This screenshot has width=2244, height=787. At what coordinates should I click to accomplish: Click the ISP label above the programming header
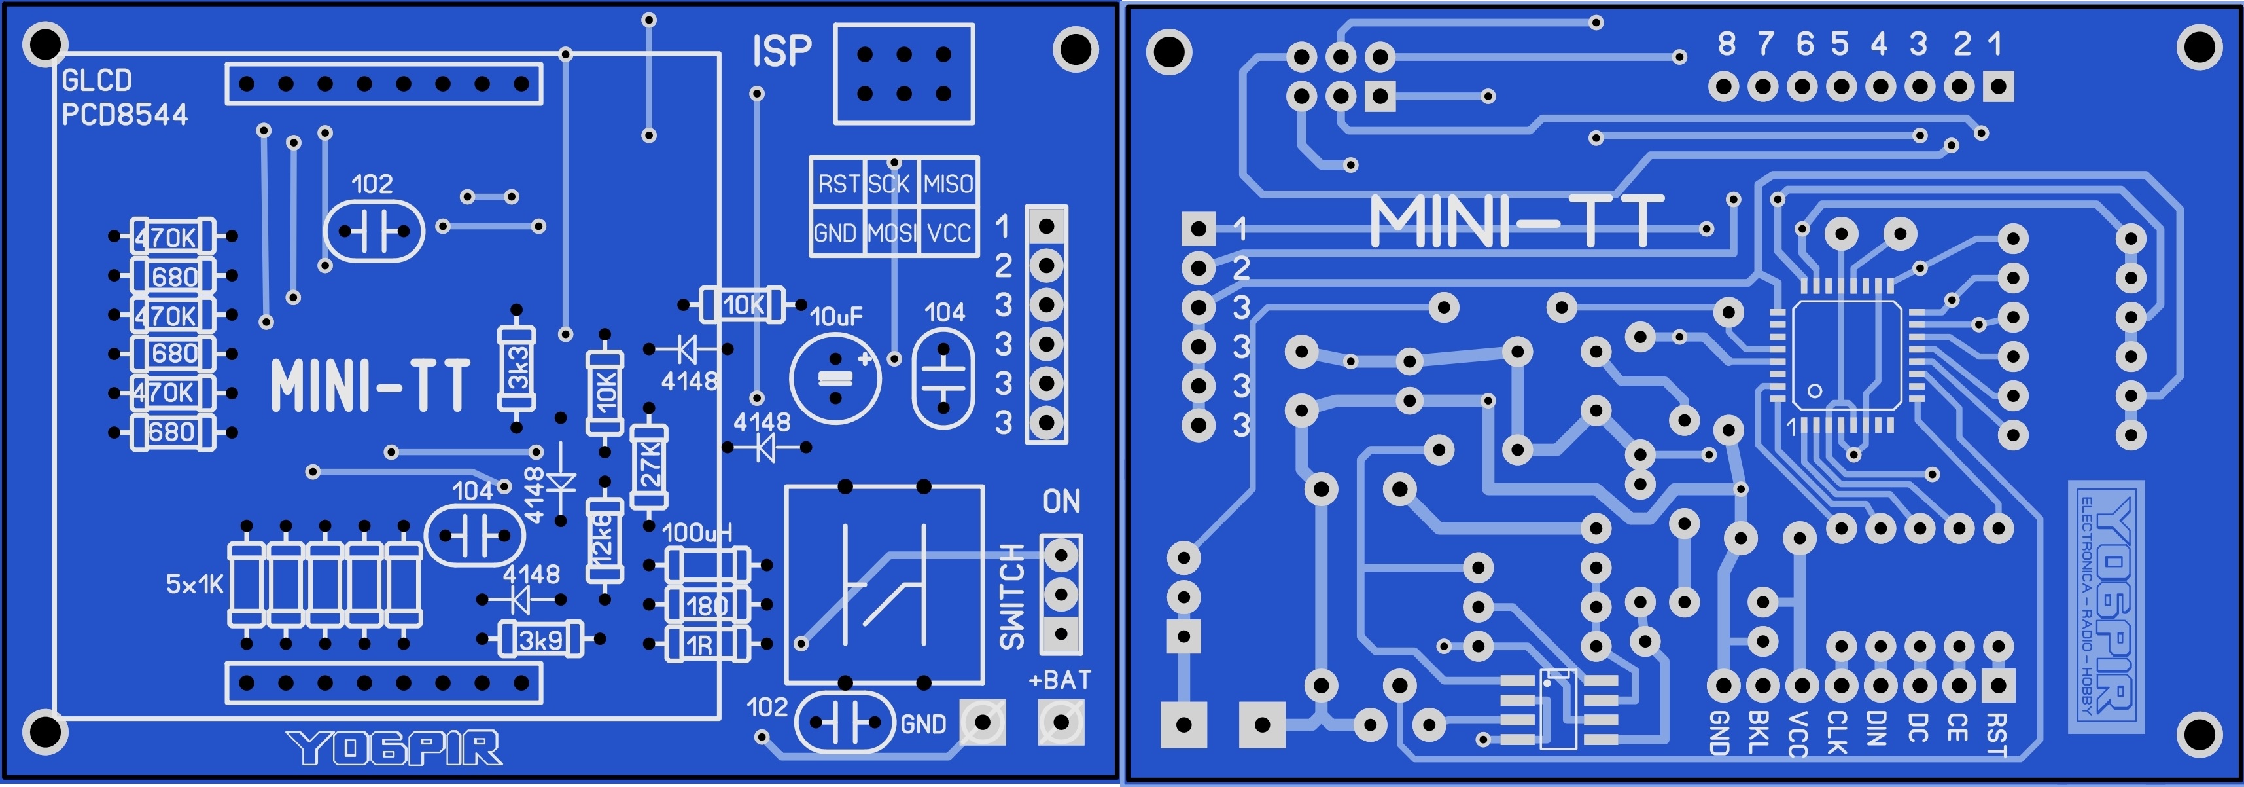pyautogui.click(x=781, y=52)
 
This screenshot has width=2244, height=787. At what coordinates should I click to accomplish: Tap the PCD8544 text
pyautogui.click(x=124, y=114)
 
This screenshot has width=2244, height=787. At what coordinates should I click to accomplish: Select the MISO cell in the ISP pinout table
pyautogui.click(x=948, y=184)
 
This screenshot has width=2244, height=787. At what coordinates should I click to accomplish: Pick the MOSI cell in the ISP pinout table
pyautogui.click(x=891, y=232)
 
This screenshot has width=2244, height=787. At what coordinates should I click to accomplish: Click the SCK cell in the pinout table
pyautogui.click(x=889, y=184)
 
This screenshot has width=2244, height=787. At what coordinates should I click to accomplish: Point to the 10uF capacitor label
pyautogui.click(x=836, y=316)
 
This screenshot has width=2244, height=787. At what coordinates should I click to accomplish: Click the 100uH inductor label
pyautogui.click(x=697, y=532)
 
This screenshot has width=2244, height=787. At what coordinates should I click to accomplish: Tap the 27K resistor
pyautogui.click(x=649, y=466)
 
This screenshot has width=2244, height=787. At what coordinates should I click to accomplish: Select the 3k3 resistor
pyautogui.click(x=517, y=369)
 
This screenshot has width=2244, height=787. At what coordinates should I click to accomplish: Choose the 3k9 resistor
pyautogui.click(x=541, y=640)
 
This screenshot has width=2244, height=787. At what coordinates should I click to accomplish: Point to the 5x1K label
pyautogui.click(x=194, y=584)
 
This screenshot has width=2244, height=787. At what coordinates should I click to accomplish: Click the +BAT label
pyautogui.click(x=1059, y=680)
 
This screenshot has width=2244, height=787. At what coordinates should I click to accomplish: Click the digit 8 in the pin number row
pyautogui.click(x=1726, y=44)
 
